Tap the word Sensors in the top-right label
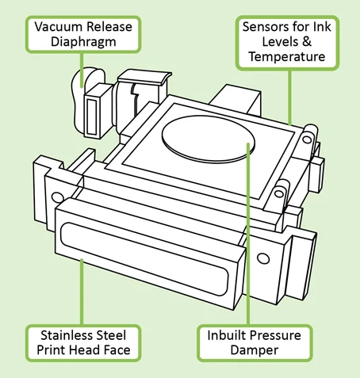(x=265, y=26)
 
